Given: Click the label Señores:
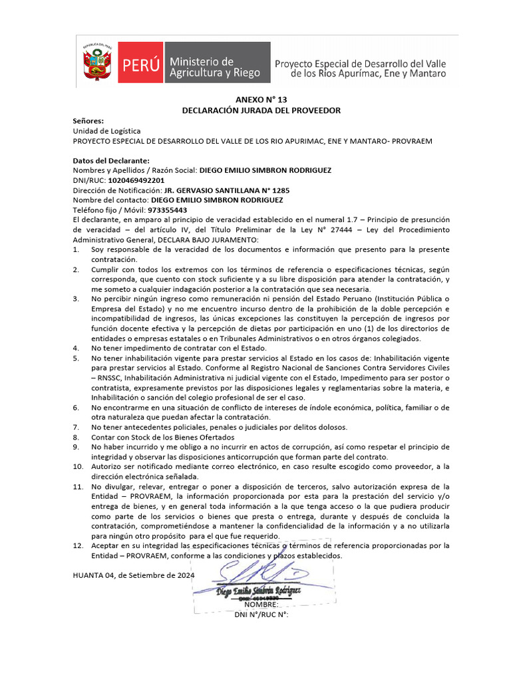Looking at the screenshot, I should [x=88, y=121].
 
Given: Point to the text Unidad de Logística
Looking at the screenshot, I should [x=106, y=131].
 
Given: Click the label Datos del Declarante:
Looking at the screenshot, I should [x=111, y=160].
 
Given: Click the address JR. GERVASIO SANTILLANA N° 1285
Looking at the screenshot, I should [x=218, y=190].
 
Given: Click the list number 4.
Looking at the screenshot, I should [x=76, y=347].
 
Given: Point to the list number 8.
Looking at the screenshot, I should [x=76, y=437].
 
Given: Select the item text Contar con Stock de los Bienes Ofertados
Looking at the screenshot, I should [x=163, y=437].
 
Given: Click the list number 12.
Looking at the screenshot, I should [x=78, y=545].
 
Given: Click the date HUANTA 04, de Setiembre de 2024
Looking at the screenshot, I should [x=133, y=575].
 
